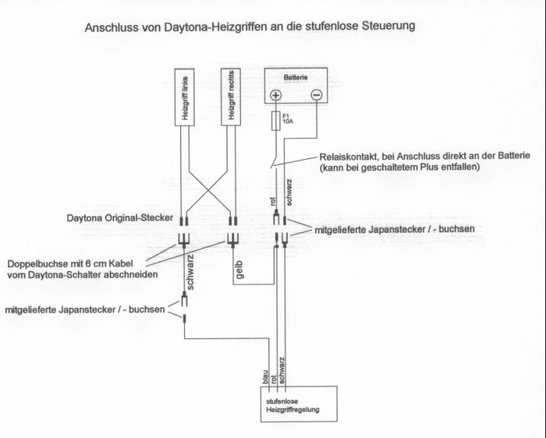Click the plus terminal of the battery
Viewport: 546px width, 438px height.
click(275, 96)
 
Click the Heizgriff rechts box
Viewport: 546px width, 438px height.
click(230, 96)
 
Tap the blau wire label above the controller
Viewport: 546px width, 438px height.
click(267, 376)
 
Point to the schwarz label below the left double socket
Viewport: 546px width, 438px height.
click(188, 269)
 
